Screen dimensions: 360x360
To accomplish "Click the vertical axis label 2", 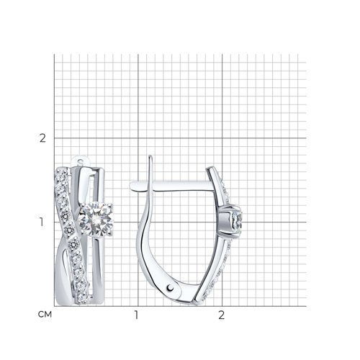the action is [42, 138].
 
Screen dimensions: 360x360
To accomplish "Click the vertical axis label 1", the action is [42, 222].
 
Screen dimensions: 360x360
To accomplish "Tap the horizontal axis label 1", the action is [136, 315].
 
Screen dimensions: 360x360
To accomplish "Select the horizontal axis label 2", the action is [221, 315].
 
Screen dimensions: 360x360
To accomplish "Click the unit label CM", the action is [45, 315].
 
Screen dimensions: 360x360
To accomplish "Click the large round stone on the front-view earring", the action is [96, 219].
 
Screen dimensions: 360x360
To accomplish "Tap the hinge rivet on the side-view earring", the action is [170, 287].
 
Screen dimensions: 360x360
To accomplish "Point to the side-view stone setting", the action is [231, 220].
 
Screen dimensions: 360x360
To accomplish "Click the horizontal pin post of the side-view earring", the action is [171, 186].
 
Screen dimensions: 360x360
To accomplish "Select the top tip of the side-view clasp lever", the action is [150, 156].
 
